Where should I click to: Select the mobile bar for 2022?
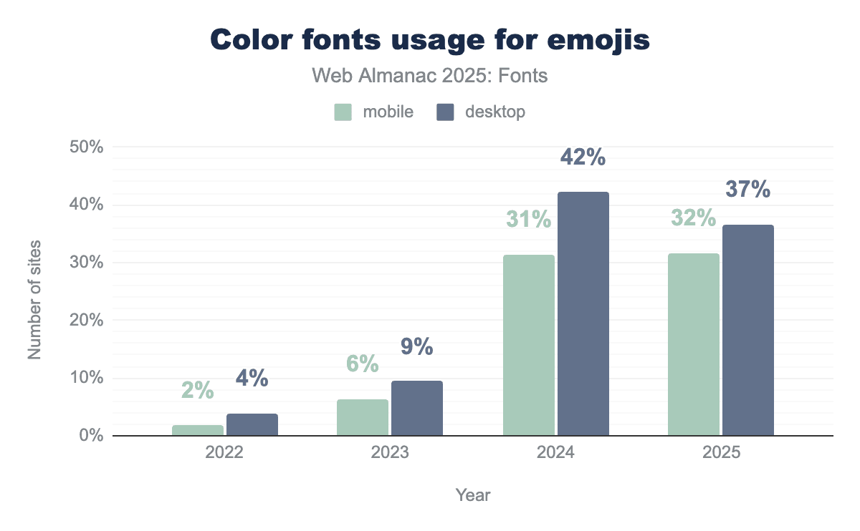pos(198,430)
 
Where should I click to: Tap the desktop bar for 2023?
pos(416,408)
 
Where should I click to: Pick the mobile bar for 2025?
pos(693,344)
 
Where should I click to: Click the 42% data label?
pos(583,157)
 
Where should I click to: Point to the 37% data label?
pos(747,190)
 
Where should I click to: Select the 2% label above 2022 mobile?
pos(198,390)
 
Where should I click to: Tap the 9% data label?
pos(416,347)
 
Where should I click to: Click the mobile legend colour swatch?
pos(343,112)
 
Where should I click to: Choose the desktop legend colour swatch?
pos(446,112)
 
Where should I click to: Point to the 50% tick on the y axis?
pos(87,147)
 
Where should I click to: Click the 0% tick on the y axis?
pos(91,436)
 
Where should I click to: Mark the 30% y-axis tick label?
pos(87,263)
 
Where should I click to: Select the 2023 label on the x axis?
pos(389,454)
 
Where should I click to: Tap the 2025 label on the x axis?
pos(720,454)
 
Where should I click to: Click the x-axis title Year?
pos(473,495)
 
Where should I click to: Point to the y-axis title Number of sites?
pos(34,301)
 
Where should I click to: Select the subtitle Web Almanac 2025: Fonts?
pos(430,75)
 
